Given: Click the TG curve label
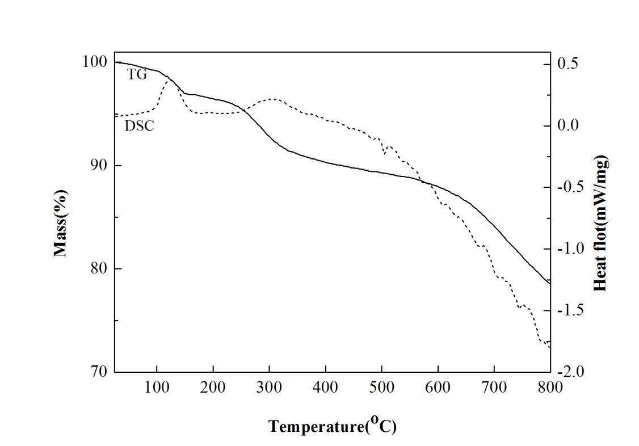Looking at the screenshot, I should (x=137, y=74).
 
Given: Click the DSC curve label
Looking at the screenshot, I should (x=139, y=126).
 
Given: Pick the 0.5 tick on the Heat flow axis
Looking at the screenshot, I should (x=569, y=63).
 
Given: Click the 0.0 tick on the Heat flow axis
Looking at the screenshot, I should (x=569, y=125).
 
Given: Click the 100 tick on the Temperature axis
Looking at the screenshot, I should (x=157, y=388).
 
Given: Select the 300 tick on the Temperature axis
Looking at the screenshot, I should (x=269, y=388).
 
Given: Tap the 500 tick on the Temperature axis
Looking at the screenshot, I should (x=381, y=388).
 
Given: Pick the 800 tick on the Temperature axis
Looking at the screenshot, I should (x=550, y=388).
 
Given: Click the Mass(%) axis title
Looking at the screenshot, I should (x=61, y=223).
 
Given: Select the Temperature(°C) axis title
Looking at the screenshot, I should (x=333, y=426).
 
